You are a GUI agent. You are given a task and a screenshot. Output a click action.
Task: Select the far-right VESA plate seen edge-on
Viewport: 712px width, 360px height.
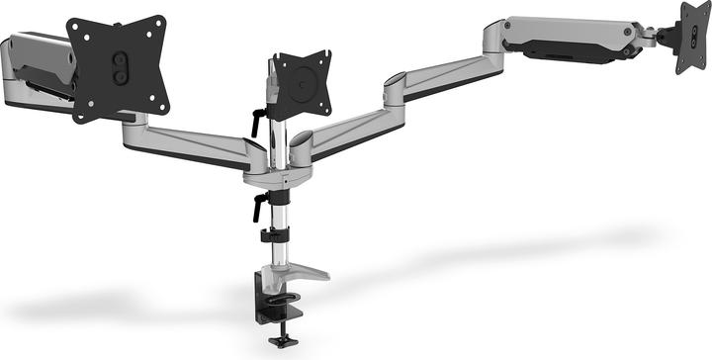point(691,38)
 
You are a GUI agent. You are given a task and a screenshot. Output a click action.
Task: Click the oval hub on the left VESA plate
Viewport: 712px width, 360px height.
point(120,65)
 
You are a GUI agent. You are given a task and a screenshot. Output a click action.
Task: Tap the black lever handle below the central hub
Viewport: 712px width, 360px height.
point(260,207)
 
